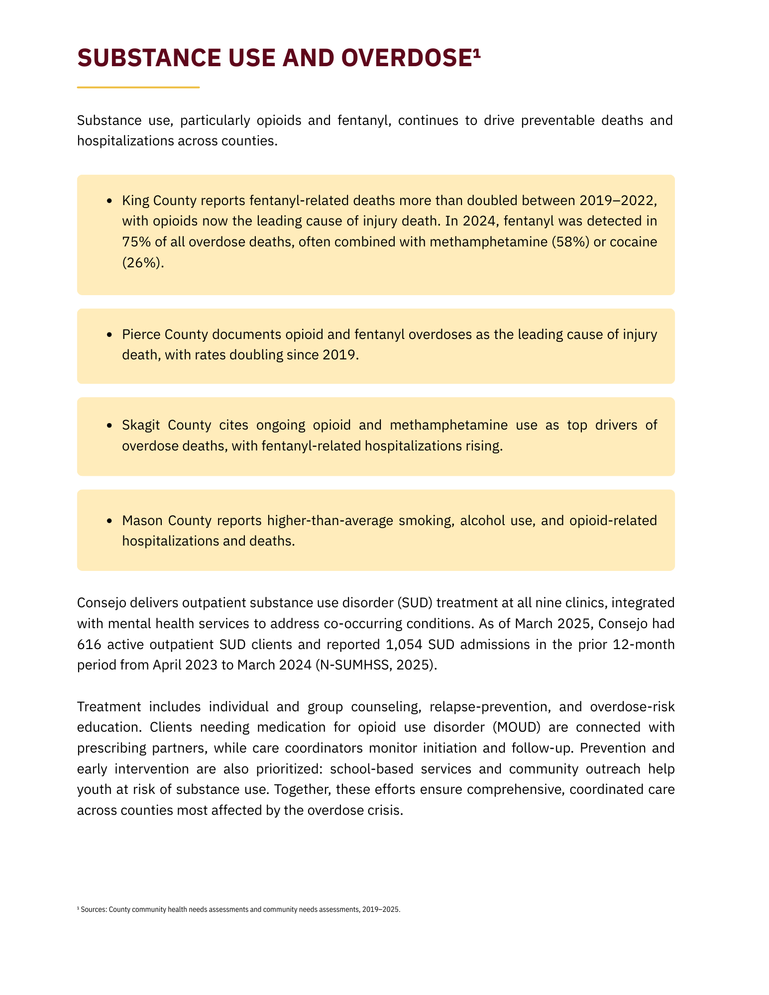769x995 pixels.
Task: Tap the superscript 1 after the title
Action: coord(476,53)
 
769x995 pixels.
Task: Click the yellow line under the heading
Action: coord(138,88)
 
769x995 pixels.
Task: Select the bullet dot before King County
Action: coord(110,201)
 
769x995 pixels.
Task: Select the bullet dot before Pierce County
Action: coord(110,334)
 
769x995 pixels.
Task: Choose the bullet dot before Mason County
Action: coord(110,521)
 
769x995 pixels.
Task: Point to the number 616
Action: coord(89,645)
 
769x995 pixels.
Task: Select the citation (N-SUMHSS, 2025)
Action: coord(376,665)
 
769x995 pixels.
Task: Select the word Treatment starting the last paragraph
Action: coord(109,707)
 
